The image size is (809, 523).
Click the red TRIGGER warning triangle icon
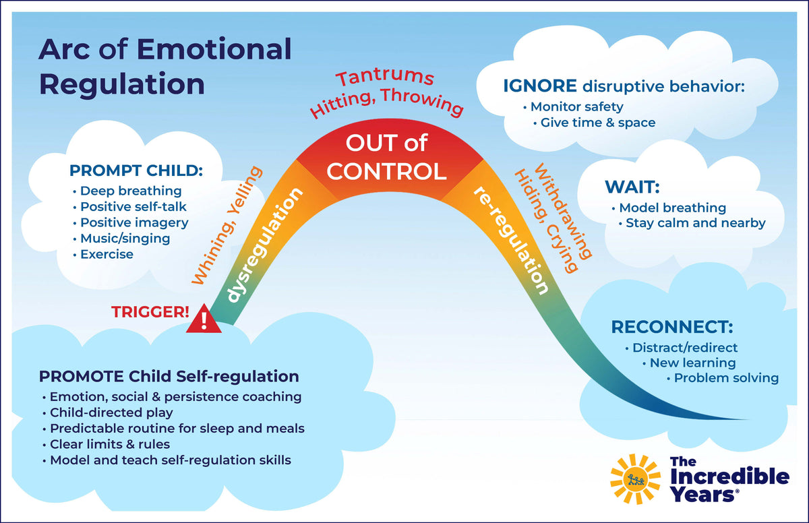[x=204, y=320]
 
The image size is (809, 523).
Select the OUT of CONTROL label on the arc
[x=386, y=157]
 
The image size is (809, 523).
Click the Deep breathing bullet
[x=131, y=191]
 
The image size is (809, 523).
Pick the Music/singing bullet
[x=125, y=238]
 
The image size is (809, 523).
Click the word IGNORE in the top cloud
[x=540, y=86]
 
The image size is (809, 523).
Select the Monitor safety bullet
[x=576, y=106]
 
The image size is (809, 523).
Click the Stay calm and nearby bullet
[x=695, y=222]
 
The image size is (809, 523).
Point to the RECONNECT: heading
[x=671, y=328]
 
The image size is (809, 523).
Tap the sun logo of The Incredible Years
[x=635, y=479]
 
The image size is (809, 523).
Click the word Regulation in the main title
[x=122, y=84]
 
